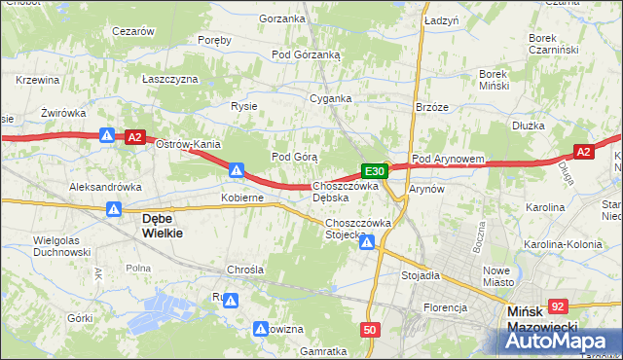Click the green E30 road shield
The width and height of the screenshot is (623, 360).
[377, 171]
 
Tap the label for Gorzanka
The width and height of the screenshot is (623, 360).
[282, 18]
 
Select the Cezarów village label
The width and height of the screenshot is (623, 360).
[133, 31]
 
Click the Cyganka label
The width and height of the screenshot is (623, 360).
[330, 98]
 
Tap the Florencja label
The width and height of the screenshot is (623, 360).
[445, 307]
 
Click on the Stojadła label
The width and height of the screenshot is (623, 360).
[421, 275]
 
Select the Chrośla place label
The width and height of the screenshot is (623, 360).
[244, 269]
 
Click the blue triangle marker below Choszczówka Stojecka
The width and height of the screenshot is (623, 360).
[366, 243]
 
